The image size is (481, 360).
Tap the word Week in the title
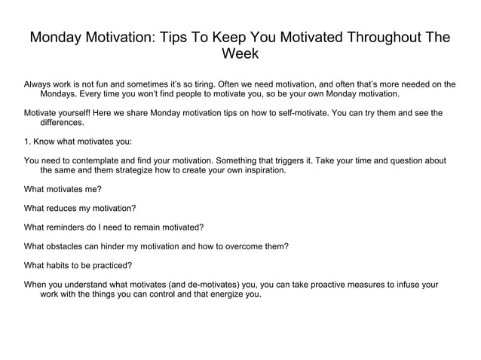[x=240, y=54]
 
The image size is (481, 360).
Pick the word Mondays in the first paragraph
[x=58, y=95]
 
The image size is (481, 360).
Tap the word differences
[x=63, y=123]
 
